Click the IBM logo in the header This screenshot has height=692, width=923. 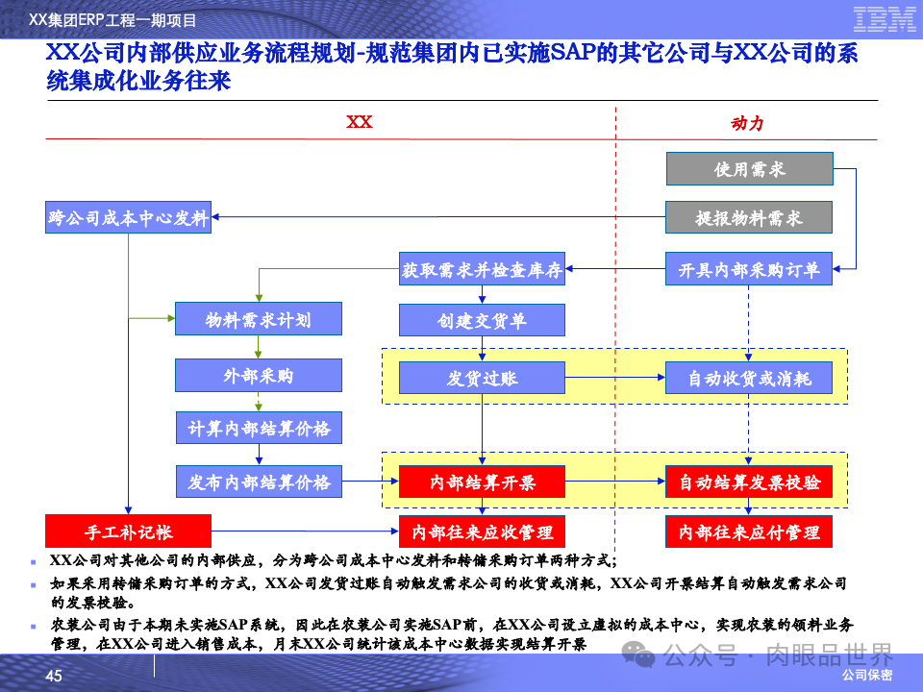point(884,19)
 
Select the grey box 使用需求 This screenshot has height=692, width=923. point(749,169)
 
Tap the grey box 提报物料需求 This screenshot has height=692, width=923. point(749,218)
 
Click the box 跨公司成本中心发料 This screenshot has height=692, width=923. point(128,218)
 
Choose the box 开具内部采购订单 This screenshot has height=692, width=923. point(749,271)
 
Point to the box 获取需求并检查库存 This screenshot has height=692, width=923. point(482,271)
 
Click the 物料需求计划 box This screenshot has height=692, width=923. point(258,319)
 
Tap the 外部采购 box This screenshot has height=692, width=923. point(258,375)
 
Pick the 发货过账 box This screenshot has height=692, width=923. point(482,378)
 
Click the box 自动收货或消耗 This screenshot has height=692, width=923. point(749,378)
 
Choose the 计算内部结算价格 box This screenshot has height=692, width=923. point(258,427)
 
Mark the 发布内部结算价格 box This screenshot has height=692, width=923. point(258,482)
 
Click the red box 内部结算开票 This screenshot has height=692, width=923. point(482,482)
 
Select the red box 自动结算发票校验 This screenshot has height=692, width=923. point(749,482)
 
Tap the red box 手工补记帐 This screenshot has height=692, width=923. point(128,531)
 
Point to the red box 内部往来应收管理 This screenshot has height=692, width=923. point(482,531)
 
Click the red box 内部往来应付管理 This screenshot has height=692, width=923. point(749,531)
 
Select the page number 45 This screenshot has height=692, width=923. point(54,677)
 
